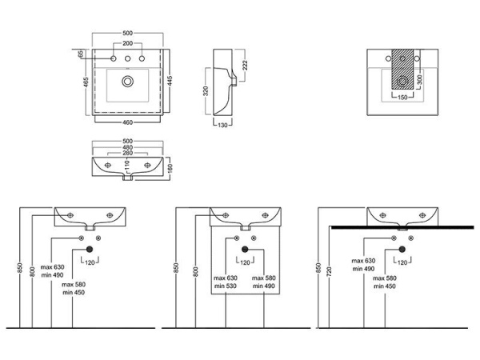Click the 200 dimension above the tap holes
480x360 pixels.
click(x=128, y=45)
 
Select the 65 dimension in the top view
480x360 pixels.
click(x=81, y=54)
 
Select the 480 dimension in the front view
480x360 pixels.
click(x=128, y=147)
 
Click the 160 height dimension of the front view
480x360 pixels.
click(x=170, y=169)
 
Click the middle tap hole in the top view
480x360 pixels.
click(x=128, y=59)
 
